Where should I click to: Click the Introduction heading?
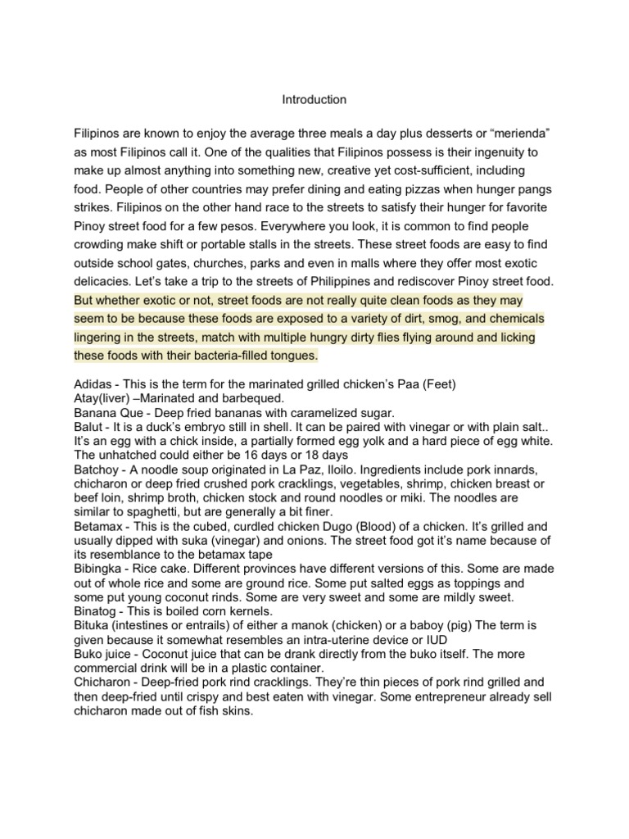click(x=314, y=100)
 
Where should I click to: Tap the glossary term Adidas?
click(x=93, y=385)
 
